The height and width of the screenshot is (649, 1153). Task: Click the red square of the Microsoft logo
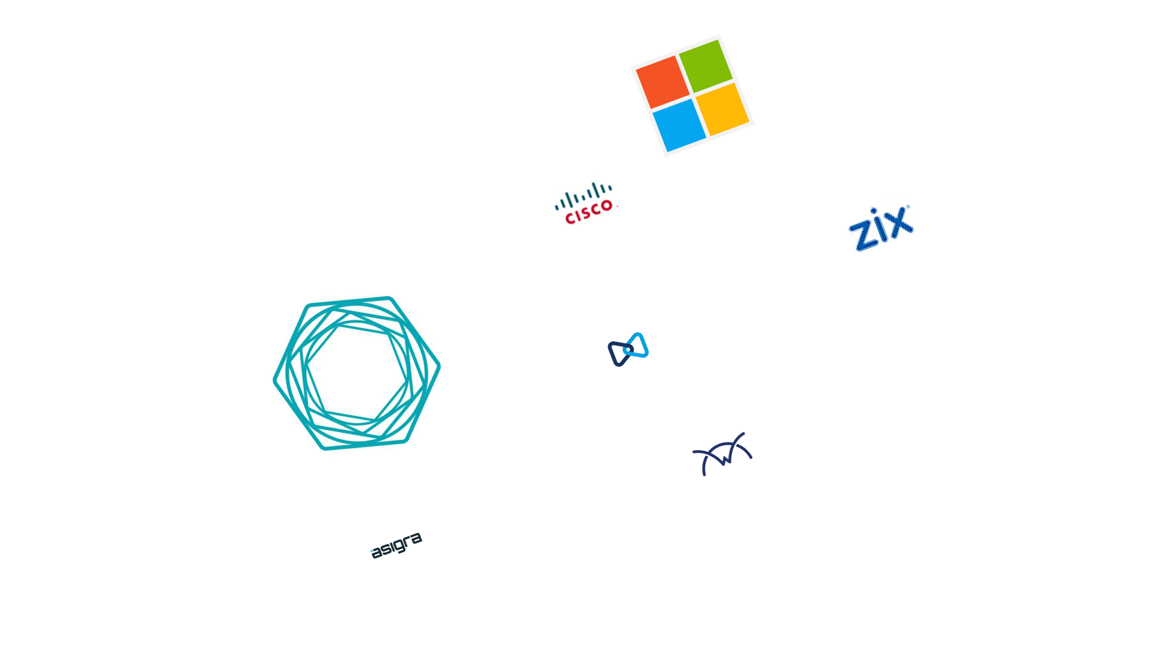pyautogui.click(x=663, y=82)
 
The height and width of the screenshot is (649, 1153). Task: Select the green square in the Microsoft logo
pyautogui.click(x=706, y=66)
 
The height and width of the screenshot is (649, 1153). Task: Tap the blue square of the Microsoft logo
pyautogui.click(x=679, y=125)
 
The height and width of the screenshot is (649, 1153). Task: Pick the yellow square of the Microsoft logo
pyautogui.click(x=722, y=109)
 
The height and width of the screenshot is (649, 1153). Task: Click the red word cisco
pyautogui.click(x=589, y=212)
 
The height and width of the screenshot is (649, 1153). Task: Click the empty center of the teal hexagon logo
pyautogui.click(x=357, y=373)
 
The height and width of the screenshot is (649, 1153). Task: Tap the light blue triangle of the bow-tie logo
pyautogui.click(x=637, y=345)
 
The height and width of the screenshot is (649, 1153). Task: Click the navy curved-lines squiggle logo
pyautogui.click(x=722, y=454)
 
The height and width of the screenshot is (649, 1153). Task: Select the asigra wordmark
pyautogui.click(x=396, y=546)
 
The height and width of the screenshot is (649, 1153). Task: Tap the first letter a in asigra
pyautogui.click(x=376, y=553)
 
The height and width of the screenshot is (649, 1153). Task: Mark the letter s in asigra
pyautogui.click(x=386, y=549)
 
